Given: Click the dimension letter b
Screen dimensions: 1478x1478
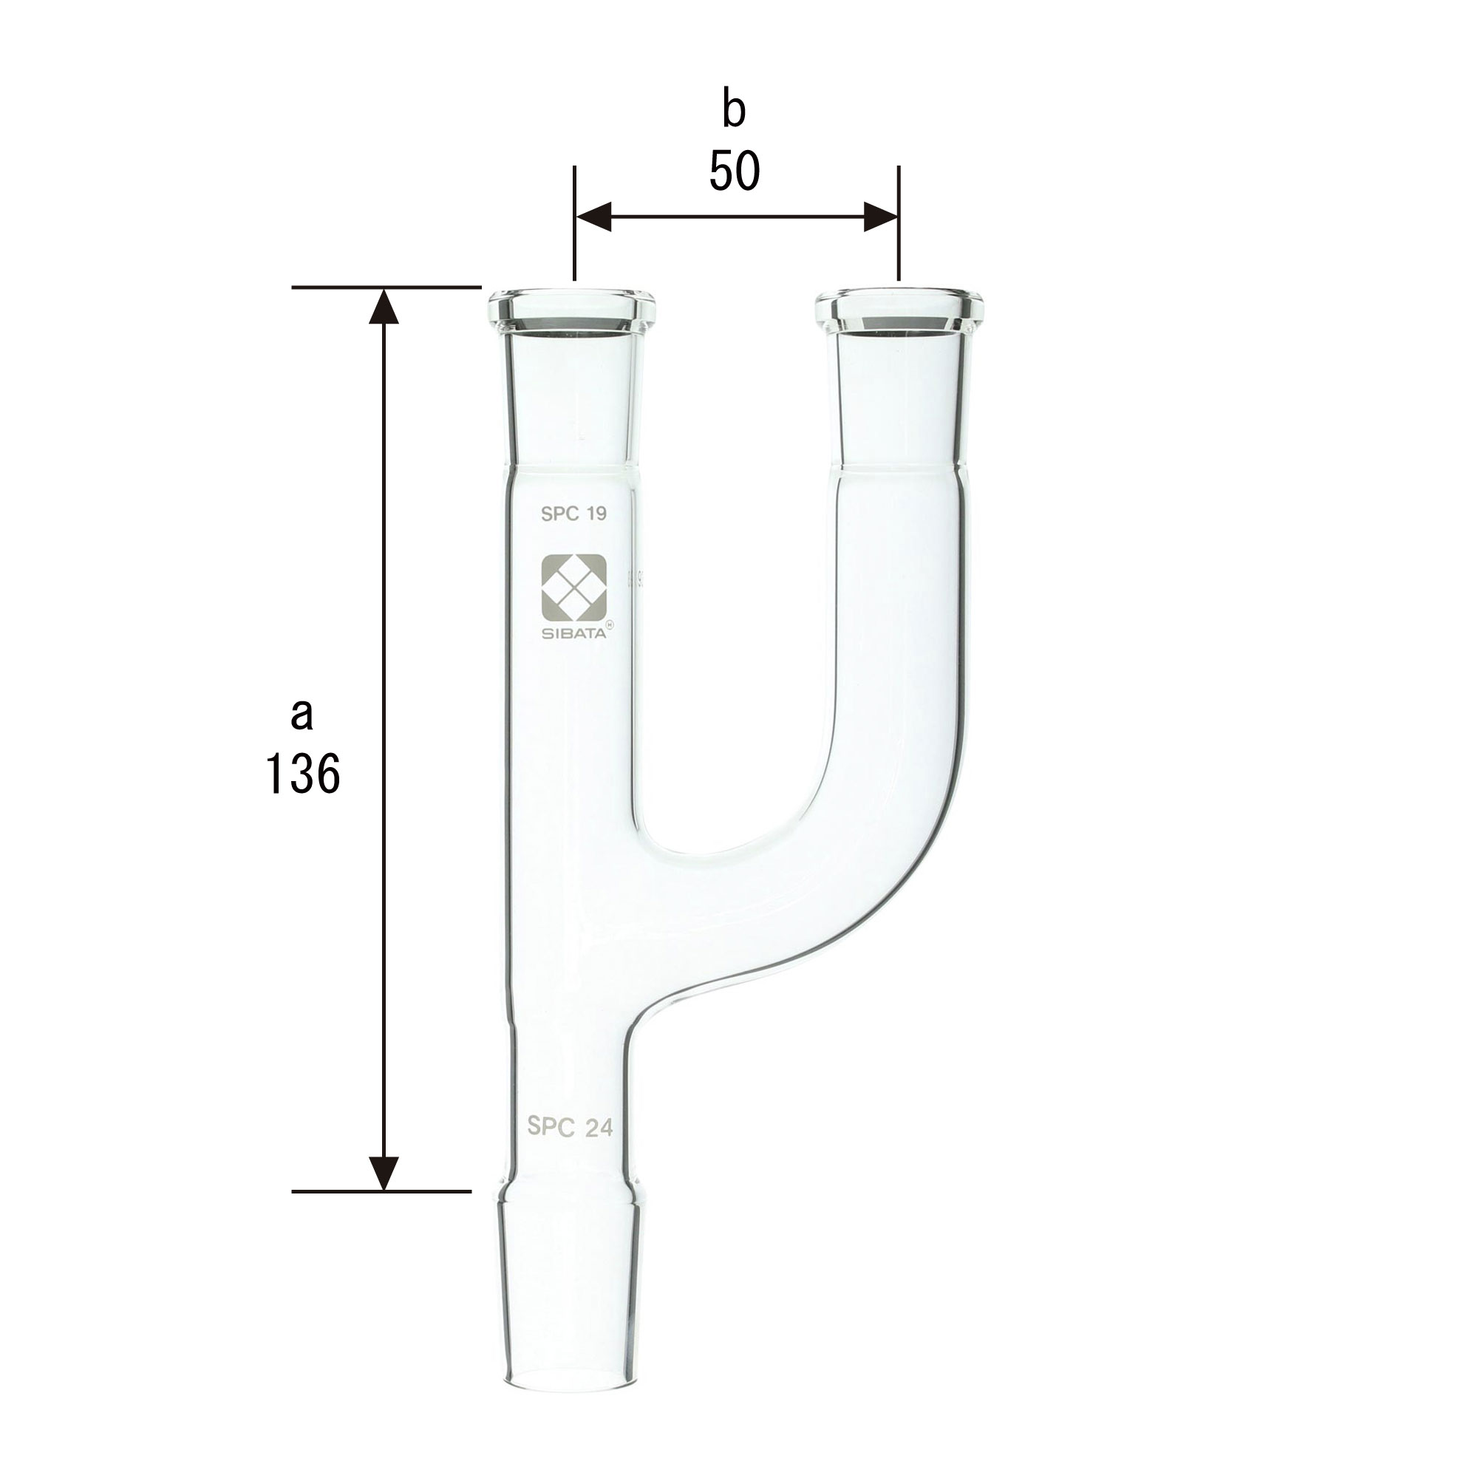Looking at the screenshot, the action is pyautogui.click(x=734, y=110).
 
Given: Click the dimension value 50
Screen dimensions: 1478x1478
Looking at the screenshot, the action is pyautogui.click(x=735, y=171).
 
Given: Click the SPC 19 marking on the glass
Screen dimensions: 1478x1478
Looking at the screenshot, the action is pyautogui.click(x=573, y=514).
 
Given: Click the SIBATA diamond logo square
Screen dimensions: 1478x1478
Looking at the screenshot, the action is pyautogui.click(x=573, y=588).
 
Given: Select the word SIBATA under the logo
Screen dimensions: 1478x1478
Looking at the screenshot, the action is pyautogui.click(x=573, y=632).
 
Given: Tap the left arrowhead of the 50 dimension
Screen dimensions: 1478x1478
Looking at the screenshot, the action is pyautogui.click(x=593, y=217).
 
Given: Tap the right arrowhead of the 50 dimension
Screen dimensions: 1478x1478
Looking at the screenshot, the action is pyautogui.click(x=879, y=217).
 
